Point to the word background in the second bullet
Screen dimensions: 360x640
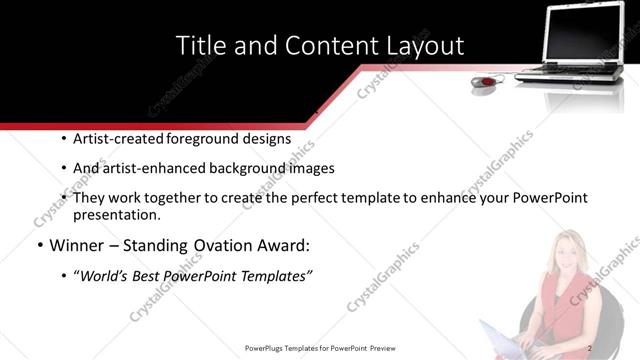252,169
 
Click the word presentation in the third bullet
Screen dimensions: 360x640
116,214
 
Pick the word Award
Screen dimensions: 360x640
284,245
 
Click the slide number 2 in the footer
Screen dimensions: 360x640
590,347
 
